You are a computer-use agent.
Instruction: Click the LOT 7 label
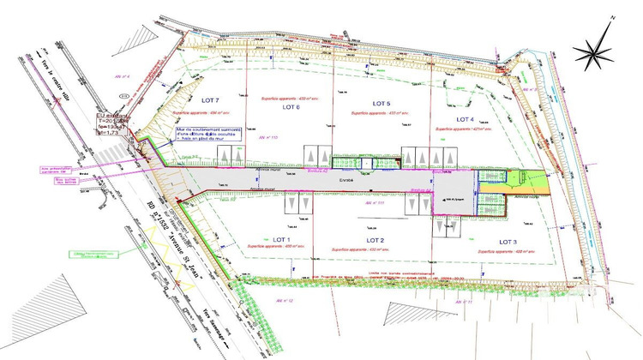pos(211,99)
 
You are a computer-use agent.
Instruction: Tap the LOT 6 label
pos(291,107)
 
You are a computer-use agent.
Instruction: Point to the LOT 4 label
pos(466,118)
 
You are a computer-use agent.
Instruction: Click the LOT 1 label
pos(283,239)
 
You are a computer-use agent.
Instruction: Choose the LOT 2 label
pos(375,240)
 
